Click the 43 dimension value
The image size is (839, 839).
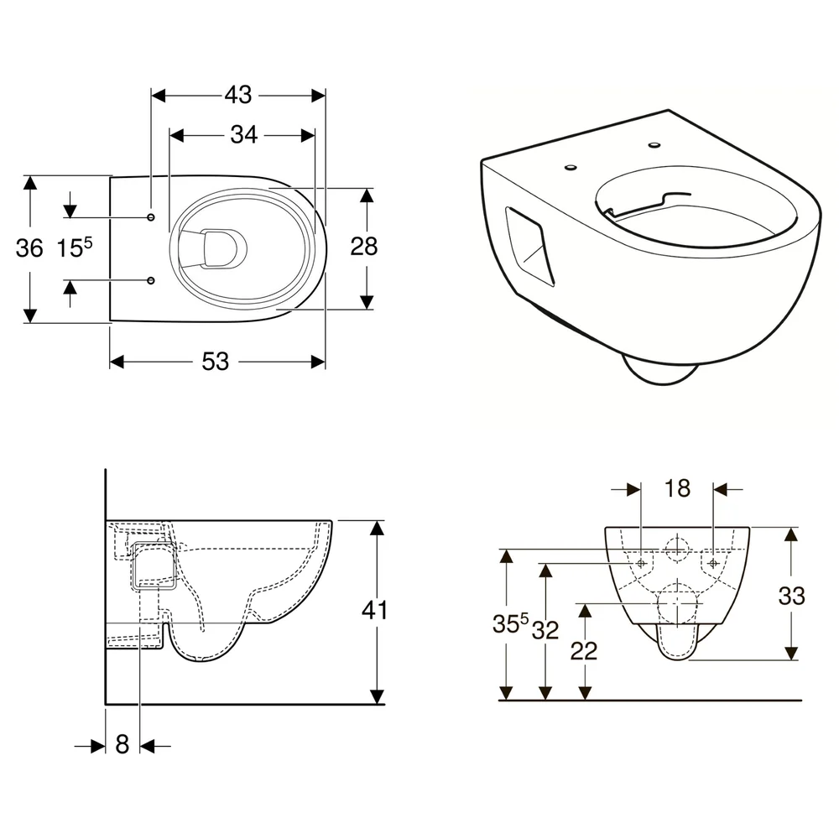[x=238, y=96]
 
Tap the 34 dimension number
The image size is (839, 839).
[x=244, y=135]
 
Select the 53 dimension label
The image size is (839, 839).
[x=215, y=362]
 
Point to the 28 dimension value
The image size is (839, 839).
[x=364, y=247]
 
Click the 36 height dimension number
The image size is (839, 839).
[x=29, y=248]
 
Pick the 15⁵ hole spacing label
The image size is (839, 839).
[x=75, y=248]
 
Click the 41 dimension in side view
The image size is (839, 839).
[x=374, y=610]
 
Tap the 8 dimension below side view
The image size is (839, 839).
[x=122, y=744]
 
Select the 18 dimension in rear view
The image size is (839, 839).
[x=677, y=488]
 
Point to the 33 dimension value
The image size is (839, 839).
[x=791, y=596]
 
